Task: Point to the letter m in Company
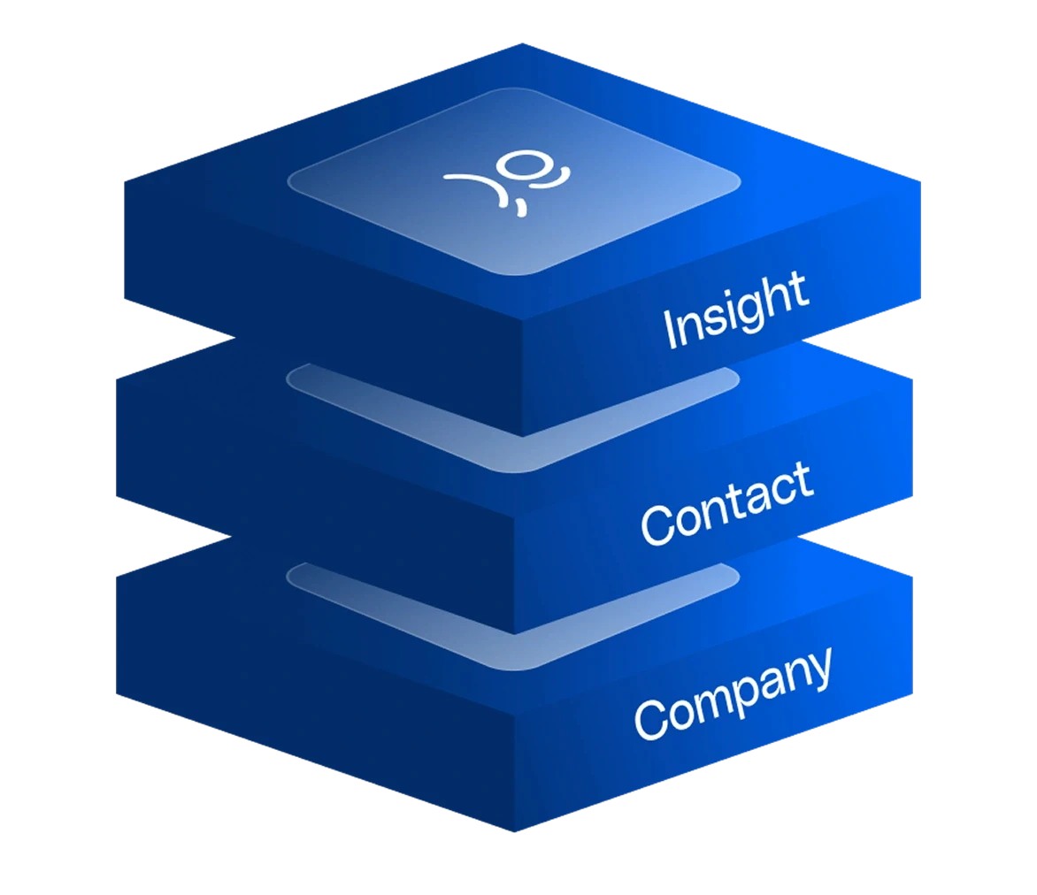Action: click(710, 702)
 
